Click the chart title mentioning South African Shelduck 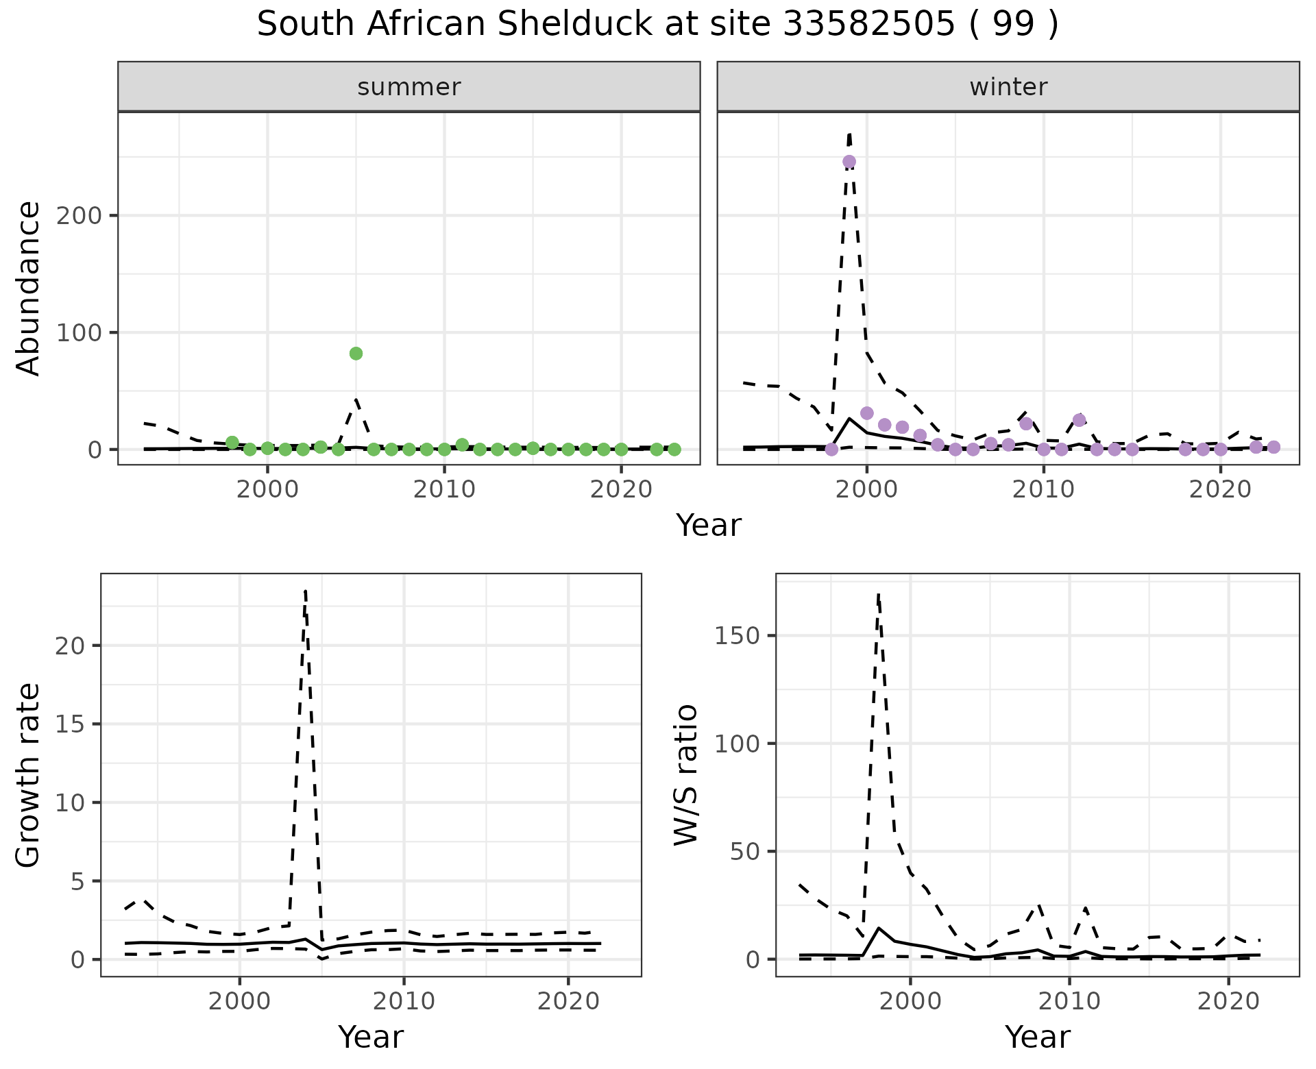[x=657, y=25]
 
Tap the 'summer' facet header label [x=409, y=87]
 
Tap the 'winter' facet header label [x=1008, y=87]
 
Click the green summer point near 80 [x=356, y=354]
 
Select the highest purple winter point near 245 [x=849, y=162]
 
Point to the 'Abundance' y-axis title [x=29, y=288]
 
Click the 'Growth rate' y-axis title [x=29, y=775]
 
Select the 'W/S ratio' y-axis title [x=685, y=775]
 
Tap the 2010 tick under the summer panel [x=444, y=489]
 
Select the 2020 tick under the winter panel [x=1220, y=489]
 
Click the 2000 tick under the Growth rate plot [x=239, y=1001]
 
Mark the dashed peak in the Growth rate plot [x=305, y=591]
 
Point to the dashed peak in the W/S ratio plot [x=878, y=595]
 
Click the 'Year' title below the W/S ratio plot [x=1037, y=1037]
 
